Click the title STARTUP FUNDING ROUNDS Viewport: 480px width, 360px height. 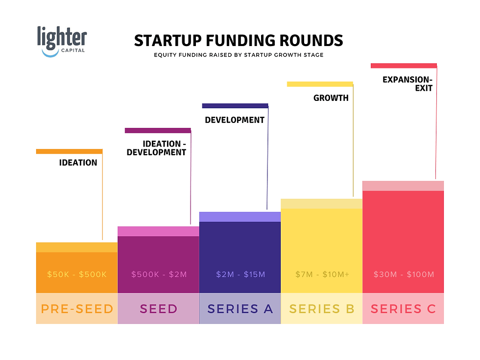[239, 41]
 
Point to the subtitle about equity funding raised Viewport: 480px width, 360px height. [239, 55]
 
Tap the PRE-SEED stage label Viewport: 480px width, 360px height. [77, 309]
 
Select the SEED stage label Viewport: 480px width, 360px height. [158, 309]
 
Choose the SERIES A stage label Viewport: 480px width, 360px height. [240, 309]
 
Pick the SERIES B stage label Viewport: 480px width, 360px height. [321, 309]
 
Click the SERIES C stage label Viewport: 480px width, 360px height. [403, 309]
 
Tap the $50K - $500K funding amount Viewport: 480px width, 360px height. [77, 274]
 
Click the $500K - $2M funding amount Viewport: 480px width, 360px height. [158, 274]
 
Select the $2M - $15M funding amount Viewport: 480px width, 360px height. [240, 274]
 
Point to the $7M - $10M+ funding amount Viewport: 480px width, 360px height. [322, 274]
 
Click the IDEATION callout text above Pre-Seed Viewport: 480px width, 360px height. [78, 163]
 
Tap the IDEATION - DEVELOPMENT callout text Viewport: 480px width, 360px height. [156, 148]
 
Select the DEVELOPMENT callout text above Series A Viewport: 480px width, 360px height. [235, 120]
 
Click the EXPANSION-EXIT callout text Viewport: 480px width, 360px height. [408, 83]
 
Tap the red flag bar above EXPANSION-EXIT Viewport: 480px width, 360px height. [404, 66]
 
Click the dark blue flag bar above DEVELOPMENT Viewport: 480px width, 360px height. [235, 106]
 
